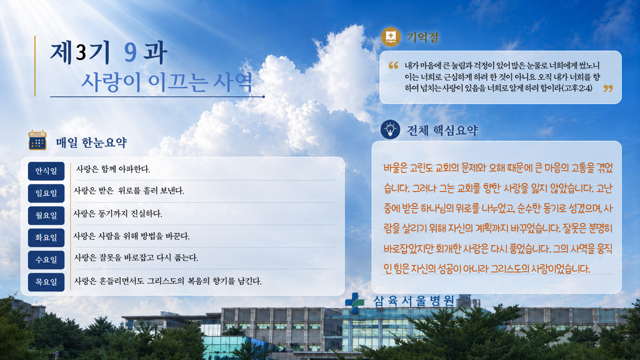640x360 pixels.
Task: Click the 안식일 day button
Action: coord(46,171)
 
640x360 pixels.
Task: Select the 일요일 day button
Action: coord(46,193)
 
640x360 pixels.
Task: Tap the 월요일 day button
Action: coord(46,215)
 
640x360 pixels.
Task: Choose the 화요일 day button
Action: coord(46,237)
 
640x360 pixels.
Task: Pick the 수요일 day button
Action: coord(46,260)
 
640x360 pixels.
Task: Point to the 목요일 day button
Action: coord(46,282)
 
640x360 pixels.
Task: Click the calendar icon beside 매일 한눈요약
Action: coord(37,140)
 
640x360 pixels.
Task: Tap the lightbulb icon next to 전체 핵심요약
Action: coord(390,129)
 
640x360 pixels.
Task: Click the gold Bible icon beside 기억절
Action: coord(390,37)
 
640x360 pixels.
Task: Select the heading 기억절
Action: coord(422,37)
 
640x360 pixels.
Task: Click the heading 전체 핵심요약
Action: coord(442,130)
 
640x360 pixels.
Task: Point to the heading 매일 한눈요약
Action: coord(91,142)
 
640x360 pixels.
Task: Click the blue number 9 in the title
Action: coord(130,53)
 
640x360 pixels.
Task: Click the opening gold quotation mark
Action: coord(393,65)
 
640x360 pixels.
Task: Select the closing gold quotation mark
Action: coord(608,88)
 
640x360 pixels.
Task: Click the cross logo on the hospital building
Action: coord(354,302)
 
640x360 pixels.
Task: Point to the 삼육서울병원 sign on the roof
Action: coord(413,301)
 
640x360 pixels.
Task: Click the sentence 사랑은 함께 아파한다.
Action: coord(113,169)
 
